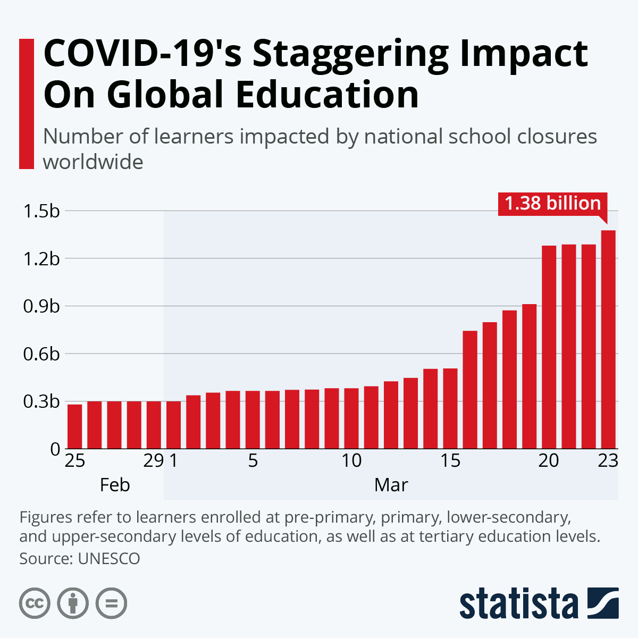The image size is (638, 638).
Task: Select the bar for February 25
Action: (x=75, y=426)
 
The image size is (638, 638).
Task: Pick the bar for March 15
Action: (x=450, y=408)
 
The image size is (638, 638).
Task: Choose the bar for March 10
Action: (x=351, y=418)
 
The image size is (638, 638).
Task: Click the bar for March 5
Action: (x=253, y=419)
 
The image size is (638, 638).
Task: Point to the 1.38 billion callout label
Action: (x=552, y=203)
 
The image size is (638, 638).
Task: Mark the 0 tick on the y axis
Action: (x=55, y=449)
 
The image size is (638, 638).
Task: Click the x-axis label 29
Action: (x=154, y=460)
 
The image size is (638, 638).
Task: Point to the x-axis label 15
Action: (x=450, y=460)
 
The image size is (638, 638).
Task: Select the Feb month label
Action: (x=115, y=485)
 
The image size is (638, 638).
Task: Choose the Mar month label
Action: (x=391, y=485)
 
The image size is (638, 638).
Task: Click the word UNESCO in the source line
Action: (x=109, y=559)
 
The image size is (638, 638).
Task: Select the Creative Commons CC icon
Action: (x=35, y=603)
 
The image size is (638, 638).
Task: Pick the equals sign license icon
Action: (x=111, y=603)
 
